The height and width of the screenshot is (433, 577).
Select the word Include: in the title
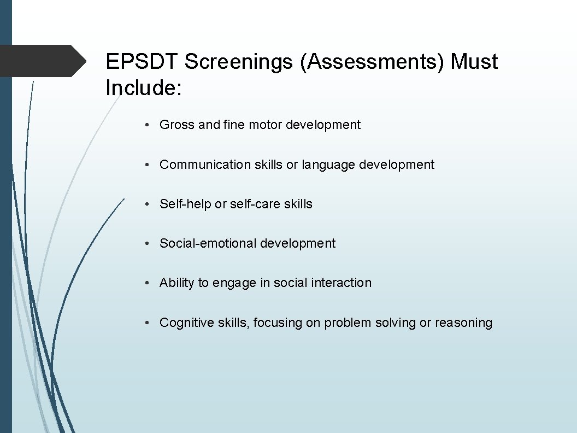pyautogui.click(x=143, y=87)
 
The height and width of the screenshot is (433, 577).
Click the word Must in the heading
pyautogui.click(x=474, y=62)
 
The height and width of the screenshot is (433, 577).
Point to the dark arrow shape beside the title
pyautogui.click(x=44, y=61)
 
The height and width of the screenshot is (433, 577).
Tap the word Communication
pyautogui.click(x=205, y=165)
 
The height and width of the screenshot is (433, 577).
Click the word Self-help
pyautogui.click(x=185, y=204)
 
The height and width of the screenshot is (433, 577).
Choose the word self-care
pyautogui.click(x=255, y=204)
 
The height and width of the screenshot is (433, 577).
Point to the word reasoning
pyautogui.click(x=463, y=323)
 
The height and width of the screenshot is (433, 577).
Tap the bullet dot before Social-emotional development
pyautogui.click(x=148, y=244)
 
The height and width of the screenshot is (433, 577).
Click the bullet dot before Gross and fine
pyautogui.click(x=148, y=125)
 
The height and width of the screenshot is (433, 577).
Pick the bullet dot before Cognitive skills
pyautogui.click(x=148, y=323)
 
